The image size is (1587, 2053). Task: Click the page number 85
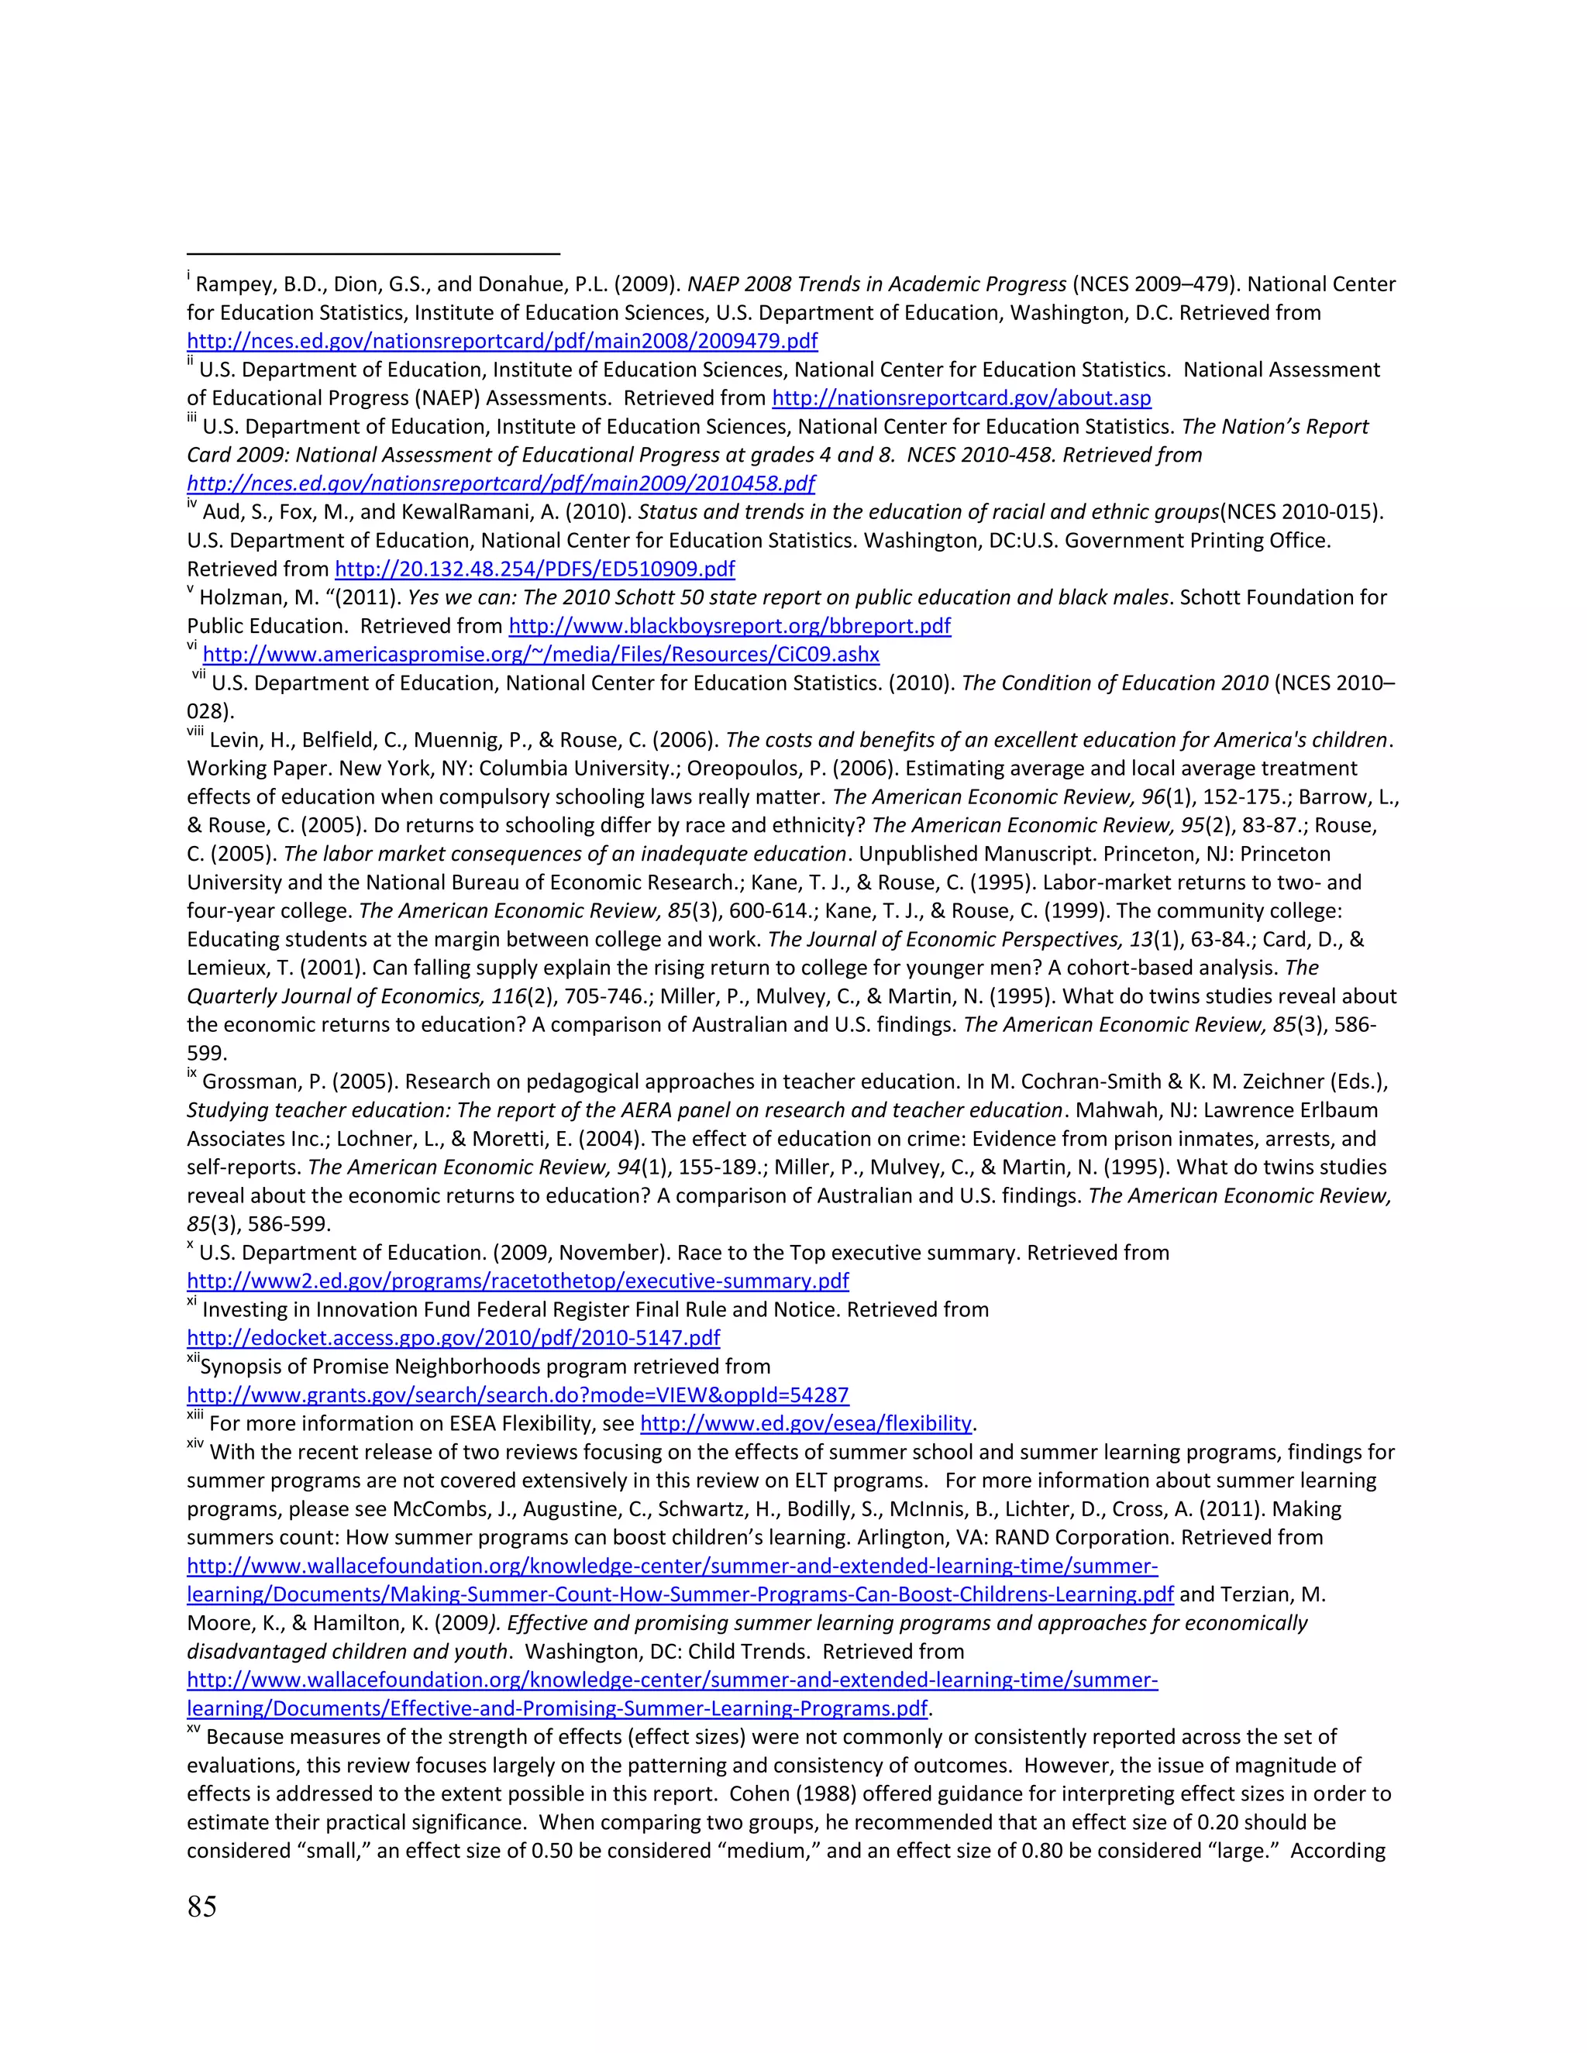click(202, 1907)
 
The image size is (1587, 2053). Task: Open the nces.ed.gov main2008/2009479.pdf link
click(502, 341)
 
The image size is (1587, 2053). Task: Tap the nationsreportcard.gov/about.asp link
click(961, 398)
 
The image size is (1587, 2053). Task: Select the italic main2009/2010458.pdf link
click(501, 484)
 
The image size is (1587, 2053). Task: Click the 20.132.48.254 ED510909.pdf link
click(535, 569)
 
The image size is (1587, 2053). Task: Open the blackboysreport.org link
click(729, 626)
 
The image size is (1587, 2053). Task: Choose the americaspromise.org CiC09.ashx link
click(541, 655)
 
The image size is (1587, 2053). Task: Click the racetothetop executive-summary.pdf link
click(518, 1281)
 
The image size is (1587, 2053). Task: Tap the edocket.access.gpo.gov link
click(453, 1339)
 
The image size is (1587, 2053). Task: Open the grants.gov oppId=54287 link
click(518, 1395)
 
